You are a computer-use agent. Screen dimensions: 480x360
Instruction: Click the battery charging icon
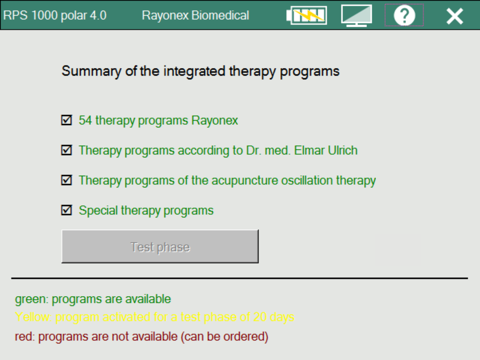coord(306,15)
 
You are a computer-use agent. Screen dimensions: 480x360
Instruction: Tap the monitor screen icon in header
coord(357,15)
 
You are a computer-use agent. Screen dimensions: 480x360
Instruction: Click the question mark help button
coord(404,15)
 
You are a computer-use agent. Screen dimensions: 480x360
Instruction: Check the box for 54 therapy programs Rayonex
coord(66,120)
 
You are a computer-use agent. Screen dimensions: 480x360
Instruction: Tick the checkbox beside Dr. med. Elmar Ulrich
coord(66,150)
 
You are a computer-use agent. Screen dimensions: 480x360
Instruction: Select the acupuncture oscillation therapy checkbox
coord(66,180)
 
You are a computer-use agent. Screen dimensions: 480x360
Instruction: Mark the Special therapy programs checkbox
coord(66,210)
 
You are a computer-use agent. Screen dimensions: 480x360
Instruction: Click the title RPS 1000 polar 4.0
coord(55,15)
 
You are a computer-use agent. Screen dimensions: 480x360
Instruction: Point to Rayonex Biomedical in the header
coord(195,15)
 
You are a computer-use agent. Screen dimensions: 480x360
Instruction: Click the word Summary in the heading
coord(91,72)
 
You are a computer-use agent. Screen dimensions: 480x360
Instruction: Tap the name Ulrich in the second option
coord(343,150)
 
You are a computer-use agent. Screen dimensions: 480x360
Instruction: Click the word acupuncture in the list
coord(244,180)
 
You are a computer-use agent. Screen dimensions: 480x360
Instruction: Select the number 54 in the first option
coord(85,120)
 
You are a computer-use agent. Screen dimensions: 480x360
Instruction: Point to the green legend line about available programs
coord(93,299)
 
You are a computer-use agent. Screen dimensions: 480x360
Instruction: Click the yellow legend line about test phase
coord(155,317)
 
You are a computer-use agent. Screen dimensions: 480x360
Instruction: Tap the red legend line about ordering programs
coord(142,336)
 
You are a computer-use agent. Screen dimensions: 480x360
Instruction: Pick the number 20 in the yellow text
coord(260,317)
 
